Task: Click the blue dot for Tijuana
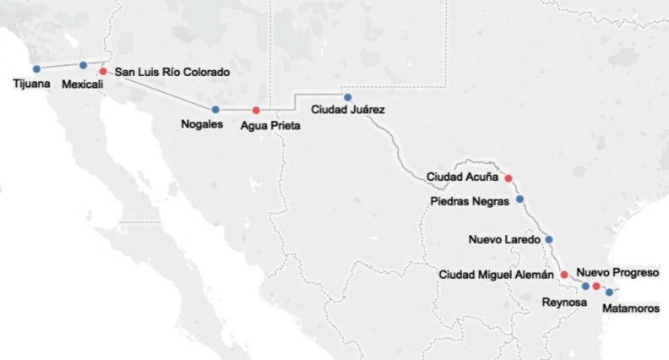pos(35,68)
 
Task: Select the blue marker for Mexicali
pos(83,65)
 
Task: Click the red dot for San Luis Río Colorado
pos(103,72)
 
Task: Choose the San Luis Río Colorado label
pos(171,73)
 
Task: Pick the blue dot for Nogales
pos(215,109)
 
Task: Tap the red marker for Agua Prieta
pos(256,111)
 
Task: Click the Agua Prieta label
pos(270,126)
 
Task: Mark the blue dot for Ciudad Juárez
pos(346,97)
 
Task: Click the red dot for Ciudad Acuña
pos(508,178)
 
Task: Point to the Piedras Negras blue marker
pos(519,199)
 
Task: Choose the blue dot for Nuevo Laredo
pos(548,240)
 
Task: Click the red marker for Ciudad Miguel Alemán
pos(563,275)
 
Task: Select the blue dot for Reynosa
pos(585,286)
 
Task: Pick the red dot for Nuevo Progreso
pos(596,287)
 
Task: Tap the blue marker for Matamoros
pos(609,292)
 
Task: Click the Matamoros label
pos(630,308)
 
